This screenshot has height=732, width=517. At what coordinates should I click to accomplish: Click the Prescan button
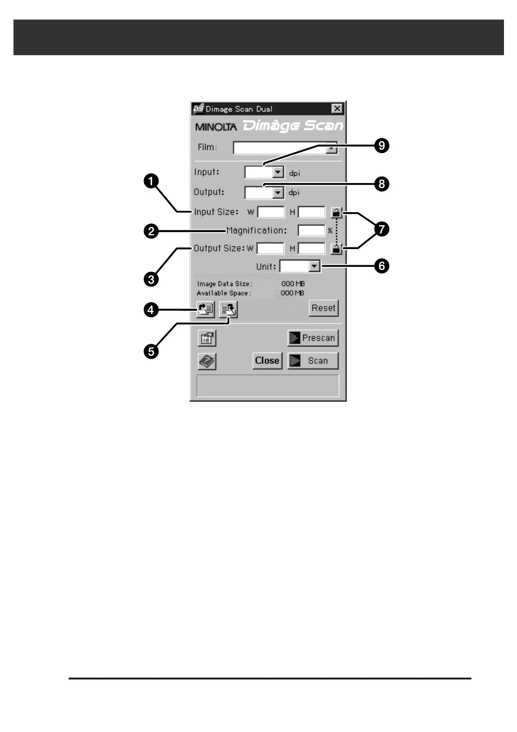pos(313,338)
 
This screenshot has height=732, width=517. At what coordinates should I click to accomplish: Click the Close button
pos(267,360)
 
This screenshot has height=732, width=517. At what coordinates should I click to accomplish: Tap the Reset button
pos(323,308)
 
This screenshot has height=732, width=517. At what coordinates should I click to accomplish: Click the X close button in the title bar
pos(337,109)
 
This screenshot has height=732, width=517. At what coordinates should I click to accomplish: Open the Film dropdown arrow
pos(331,148)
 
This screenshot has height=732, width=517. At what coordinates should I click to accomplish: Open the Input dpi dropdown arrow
pos(278,173)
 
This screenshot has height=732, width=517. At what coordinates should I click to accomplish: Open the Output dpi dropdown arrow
pos(278,192)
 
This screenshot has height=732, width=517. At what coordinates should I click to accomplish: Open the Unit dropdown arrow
pos(314,266)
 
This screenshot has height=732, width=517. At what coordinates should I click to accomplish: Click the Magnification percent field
pos(311,230)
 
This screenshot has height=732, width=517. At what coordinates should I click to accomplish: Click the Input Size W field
pos(271,212)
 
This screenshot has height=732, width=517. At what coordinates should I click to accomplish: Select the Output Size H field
pos(311,248)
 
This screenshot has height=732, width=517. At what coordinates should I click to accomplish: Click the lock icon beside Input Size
pos(336,213)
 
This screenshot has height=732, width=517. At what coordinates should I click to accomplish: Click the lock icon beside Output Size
pos(336,249)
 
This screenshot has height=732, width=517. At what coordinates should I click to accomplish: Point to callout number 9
pos(381,145)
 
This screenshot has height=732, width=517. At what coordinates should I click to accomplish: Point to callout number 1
pos(151,181)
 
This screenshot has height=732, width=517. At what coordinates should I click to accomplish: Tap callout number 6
pos(381,266)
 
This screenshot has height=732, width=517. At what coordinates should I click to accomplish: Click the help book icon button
pos(207,361)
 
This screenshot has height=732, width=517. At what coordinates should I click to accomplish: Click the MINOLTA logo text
pos(216,127)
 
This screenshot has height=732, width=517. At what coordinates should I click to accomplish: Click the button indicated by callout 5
pos(229,309)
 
